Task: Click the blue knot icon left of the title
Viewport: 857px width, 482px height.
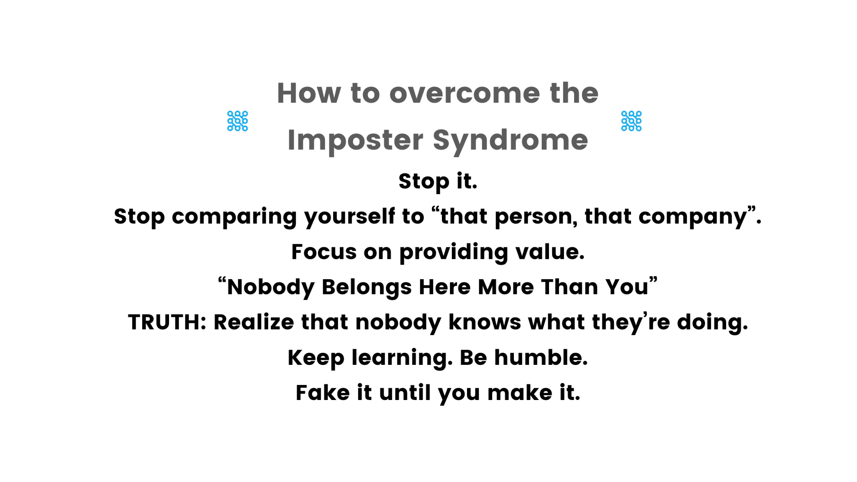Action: click(x=238, y=121)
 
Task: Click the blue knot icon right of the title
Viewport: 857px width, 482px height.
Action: click(x=631, y=121)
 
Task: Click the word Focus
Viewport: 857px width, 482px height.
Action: click(x=324, y=252)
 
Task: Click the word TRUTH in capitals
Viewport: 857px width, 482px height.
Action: click(x=164, y=323)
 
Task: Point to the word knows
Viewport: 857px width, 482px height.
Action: click(x=485, y=323)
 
